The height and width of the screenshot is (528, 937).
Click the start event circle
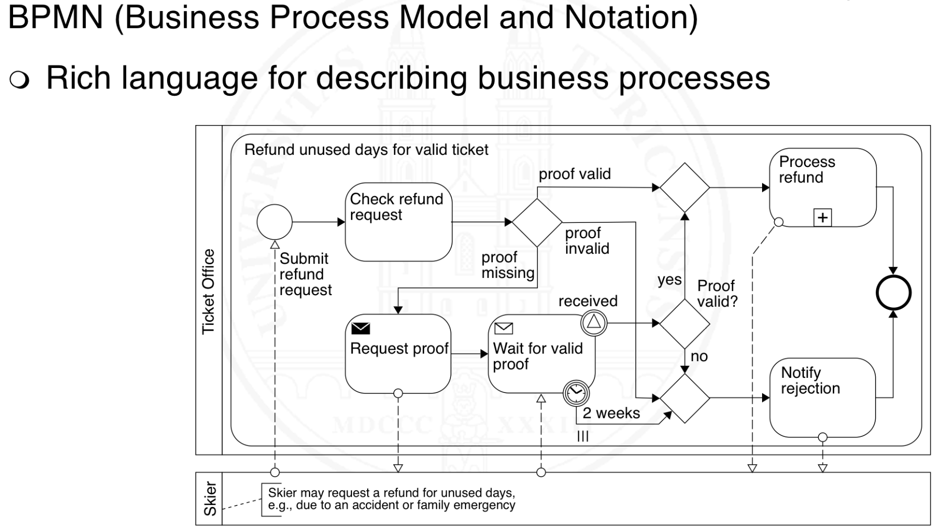274,222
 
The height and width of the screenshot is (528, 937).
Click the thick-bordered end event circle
894,293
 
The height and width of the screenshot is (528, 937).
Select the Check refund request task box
398,222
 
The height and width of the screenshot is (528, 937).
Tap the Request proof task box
398,354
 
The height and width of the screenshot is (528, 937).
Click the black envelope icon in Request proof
360,329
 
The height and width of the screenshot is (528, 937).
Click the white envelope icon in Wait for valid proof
503,329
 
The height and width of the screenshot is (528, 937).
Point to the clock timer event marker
576,392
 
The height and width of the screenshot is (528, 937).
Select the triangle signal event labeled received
593,322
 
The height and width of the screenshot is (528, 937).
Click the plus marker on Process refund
822,217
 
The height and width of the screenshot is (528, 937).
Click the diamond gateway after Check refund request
537,222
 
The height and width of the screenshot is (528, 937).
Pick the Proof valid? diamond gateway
685,323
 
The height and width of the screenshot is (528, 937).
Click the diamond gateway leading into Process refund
685,187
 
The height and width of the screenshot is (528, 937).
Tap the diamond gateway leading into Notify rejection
685,398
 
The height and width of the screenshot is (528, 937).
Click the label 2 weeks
611,413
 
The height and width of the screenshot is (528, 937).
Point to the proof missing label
508,265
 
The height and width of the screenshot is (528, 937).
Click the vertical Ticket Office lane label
208,291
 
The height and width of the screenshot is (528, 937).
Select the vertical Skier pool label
210,499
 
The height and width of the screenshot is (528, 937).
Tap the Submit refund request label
305,274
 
